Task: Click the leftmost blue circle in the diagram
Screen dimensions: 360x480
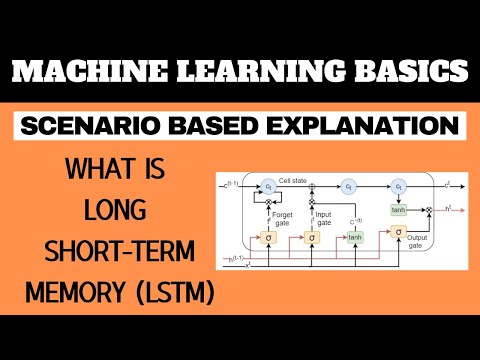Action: tap(268, 187)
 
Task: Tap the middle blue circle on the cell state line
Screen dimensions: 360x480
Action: tap(349, 187)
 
